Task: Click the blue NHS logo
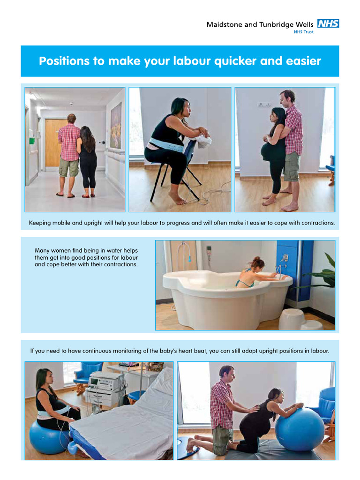coord(328,23)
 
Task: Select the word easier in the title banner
coord(303,61)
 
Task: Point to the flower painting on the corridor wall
coord(116,126)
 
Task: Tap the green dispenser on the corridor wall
coord(32,141)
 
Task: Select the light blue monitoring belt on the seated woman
coord(165,146)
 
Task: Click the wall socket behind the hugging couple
coord(264,105)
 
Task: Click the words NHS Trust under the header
coord(303,32)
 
